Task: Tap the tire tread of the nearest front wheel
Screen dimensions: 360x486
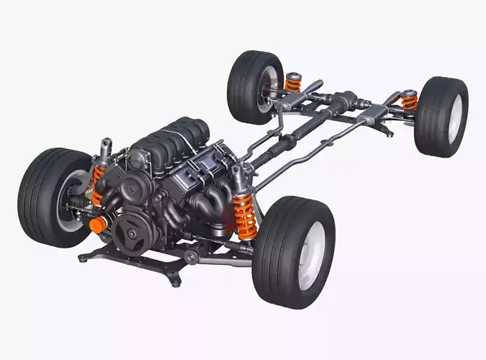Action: (x=277, y=252)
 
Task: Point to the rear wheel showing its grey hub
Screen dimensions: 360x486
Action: (x=256, y=86)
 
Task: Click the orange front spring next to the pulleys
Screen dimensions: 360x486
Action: (x=98, y=186)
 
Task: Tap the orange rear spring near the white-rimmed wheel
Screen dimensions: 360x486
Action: (x=410, y=101)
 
